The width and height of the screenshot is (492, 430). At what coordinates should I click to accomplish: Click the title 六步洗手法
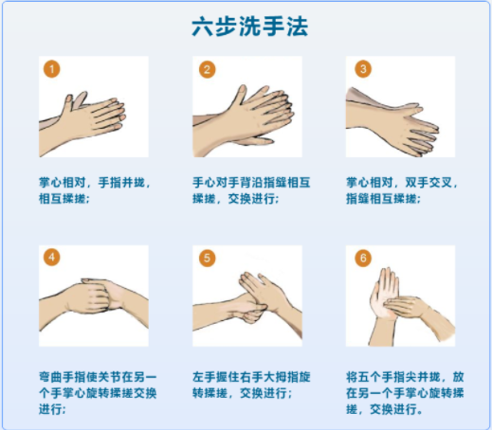click(249, 27)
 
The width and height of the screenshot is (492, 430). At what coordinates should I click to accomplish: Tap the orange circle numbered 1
click(52, 69)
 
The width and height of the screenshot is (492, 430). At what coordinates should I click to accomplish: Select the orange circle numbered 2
click(207, 69)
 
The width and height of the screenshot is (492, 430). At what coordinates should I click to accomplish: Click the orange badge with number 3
click(363, 69)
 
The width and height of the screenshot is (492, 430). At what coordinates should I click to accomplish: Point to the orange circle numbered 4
click(52, 258)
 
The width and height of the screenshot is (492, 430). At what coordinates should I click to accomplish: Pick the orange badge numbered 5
click(207, 259)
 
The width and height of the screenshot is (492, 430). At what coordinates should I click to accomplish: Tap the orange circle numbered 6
click(363, 259)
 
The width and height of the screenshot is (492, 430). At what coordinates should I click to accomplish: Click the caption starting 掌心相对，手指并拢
click(94, 190)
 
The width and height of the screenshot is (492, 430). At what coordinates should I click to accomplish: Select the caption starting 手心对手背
click(251, 190)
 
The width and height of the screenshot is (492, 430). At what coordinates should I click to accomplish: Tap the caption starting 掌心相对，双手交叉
click(402, 190)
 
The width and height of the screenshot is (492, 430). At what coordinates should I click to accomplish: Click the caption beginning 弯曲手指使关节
click(98, 393)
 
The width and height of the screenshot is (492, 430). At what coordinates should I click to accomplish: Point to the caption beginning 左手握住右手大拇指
click(251, 385)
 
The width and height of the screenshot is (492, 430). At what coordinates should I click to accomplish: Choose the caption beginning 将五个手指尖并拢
click(405, 393)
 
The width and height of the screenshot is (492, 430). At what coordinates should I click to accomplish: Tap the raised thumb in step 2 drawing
click(240, 95)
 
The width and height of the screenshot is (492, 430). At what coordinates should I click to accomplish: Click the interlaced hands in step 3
click(392, 121)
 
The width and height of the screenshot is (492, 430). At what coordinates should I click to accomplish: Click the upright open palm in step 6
click(384, 294)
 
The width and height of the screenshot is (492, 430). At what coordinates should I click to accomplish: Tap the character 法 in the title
click(298, 27)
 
